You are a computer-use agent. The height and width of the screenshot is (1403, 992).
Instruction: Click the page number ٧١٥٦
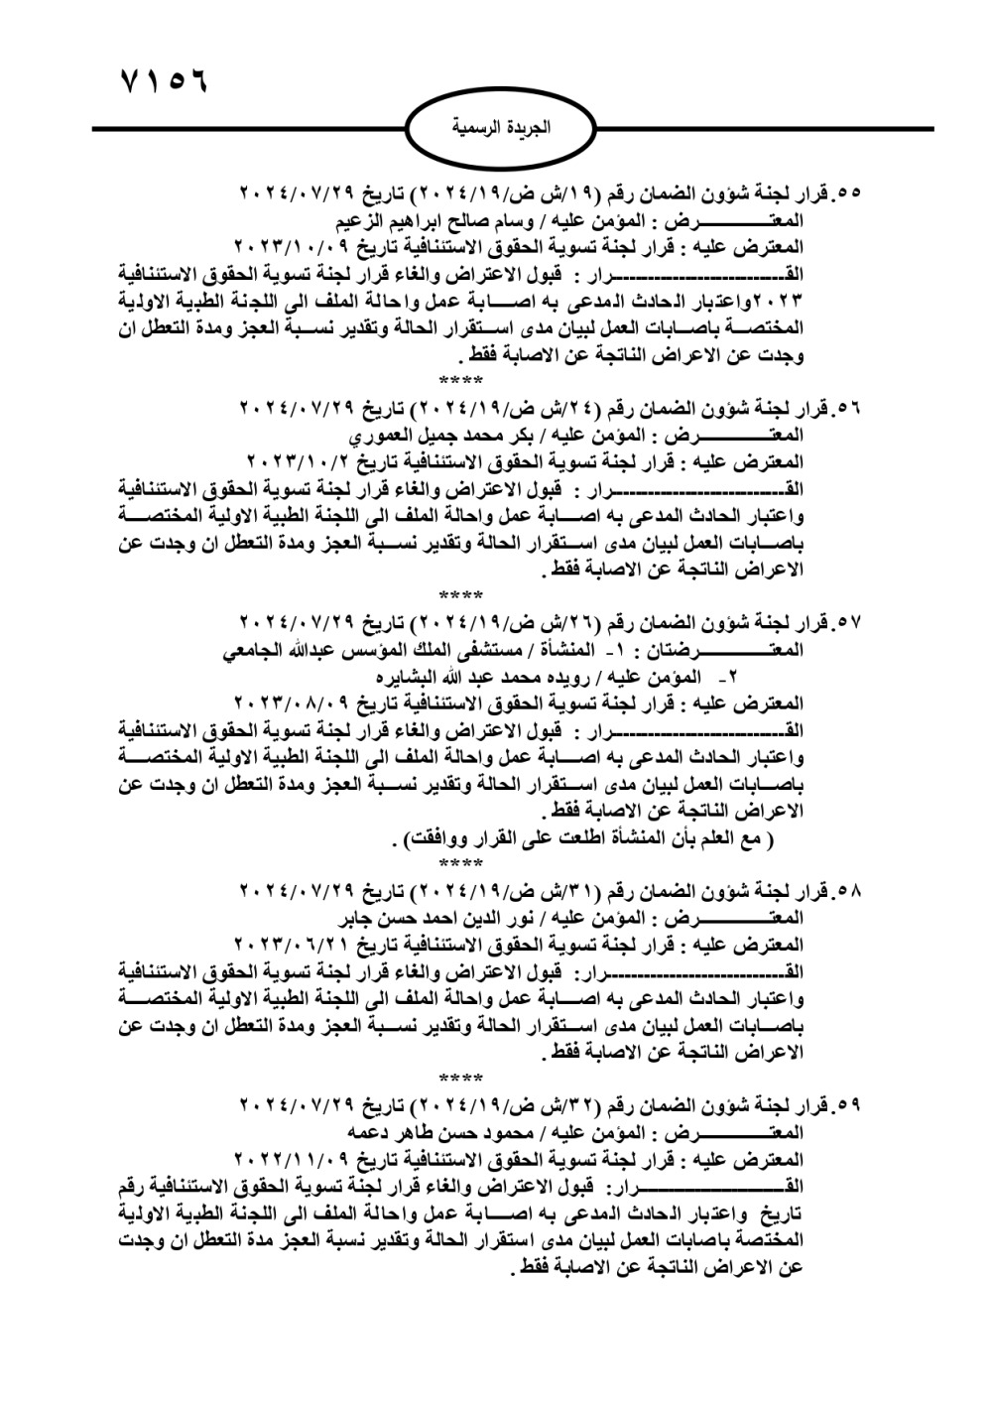[163, 80]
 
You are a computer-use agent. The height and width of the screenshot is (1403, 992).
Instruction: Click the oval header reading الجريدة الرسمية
[501, 129]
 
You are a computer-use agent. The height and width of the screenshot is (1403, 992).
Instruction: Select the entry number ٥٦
[849, 409]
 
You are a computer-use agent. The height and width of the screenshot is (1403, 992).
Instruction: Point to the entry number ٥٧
[849, 625]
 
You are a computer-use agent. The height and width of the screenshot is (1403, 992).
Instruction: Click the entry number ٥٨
[849, 890]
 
